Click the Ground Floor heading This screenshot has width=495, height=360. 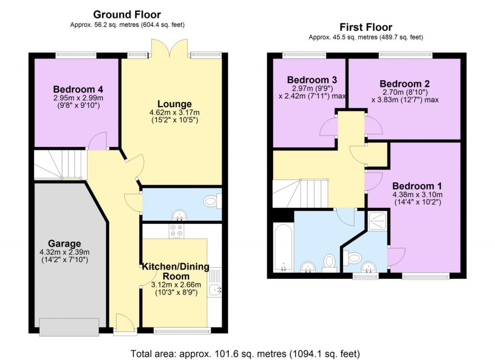[x=127, y=14]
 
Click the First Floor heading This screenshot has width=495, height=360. [x=365, y=27]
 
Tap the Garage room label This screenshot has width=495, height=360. [x=64, y=243]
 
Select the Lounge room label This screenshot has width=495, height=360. [x=175, y=104]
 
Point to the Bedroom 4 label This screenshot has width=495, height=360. [x=78, y=89]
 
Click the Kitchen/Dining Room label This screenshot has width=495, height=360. [x=175, y=271]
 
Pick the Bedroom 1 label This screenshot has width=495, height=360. [x=417, y=186]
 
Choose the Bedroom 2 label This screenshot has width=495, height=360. [x=405, y=84]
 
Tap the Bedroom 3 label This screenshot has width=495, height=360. [x=312, y=80]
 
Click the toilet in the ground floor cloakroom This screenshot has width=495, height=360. [x=212, y=201]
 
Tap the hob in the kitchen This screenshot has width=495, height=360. [x=176, y=231]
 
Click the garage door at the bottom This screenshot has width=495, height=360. [x=69, y=327]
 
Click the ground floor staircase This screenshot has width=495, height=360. [x=60, y=165]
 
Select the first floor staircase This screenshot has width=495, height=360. [x=300, y=193]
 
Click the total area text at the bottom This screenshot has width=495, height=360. [x=245, y=354]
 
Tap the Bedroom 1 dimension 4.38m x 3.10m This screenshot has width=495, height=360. [x=417, y=195]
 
